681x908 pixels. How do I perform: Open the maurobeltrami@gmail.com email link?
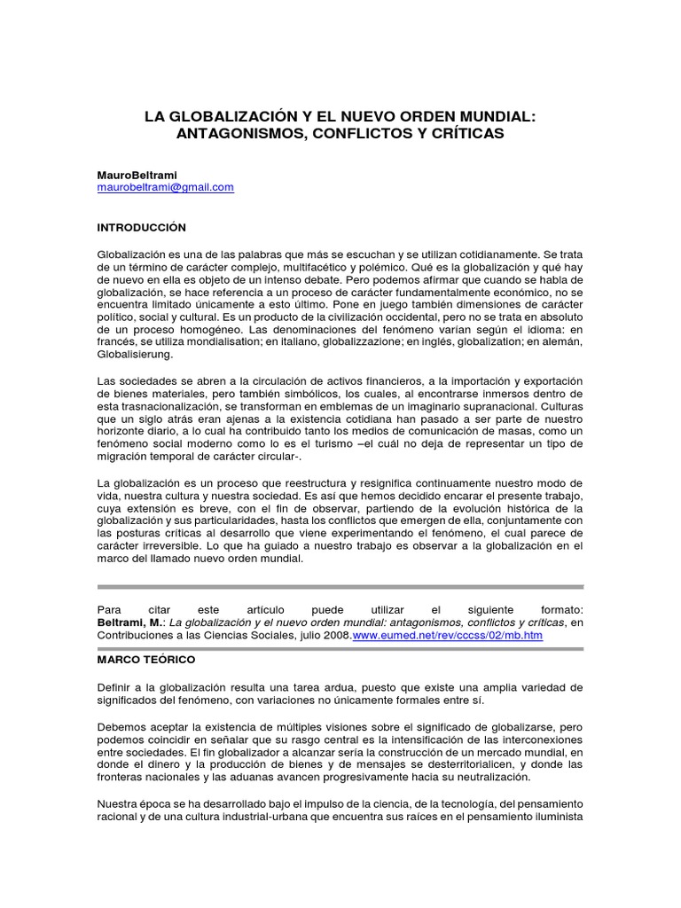(x=166, y=187)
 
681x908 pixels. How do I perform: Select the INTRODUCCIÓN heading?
(x=142, y=228)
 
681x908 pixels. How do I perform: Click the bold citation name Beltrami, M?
(x=129, y=623)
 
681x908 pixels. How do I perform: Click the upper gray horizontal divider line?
(x=340, y=587)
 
